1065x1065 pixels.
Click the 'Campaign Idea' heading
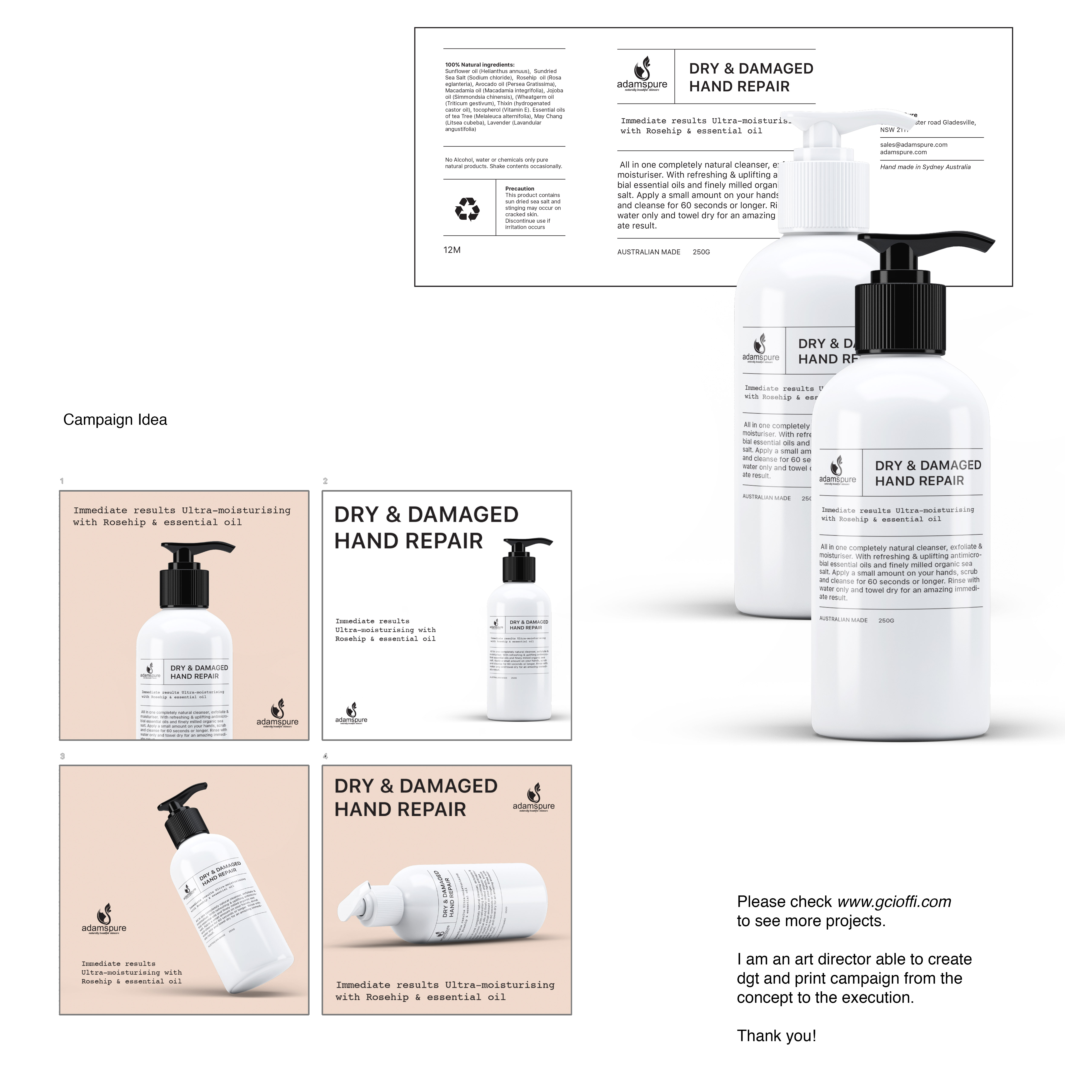tap(115, 419)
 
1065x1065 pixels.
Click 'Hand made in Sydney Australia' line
tap(925, 167)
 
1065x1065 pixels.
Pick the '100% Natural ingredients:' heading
tap(480, 65)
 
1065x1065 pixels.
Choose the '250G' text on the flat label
tap(701, 252)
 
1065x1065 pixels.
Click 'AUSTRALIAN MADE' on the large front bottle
tap(843, 620)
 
